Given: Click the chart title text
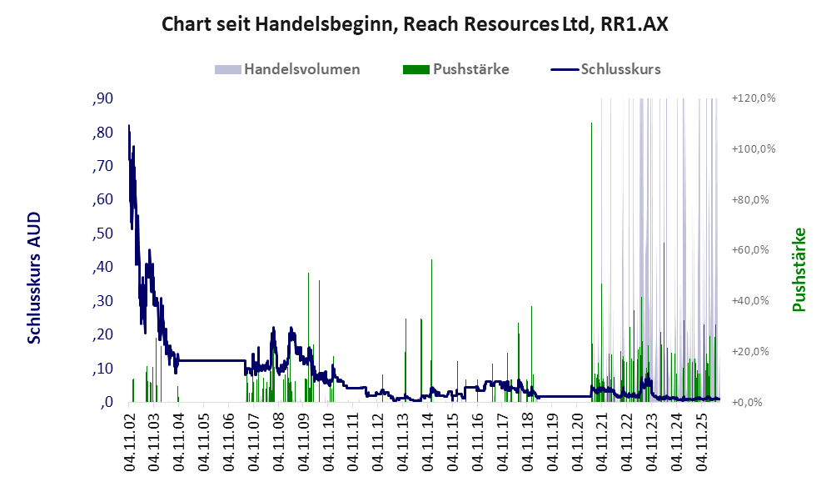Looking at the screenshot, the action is pos(415,24).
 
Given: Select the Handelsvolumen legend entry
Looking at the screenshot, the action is pos(287,69).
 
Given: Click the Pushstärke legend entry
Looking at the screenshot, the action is pos(455,69).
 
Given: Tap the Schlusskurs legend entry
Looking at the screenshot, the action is pos(605,69).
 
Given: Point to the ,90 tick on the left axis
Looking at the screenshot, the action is pos(102,98).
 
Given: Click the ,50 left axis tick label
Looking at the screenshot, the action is pos(102,233).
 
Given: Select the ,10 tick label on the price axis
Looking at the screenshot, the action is pos(102,369).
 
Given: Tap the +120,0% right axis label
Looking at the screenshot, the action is pos(754,98).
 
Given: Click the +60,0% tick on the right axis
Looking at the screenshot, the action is pos(750,250).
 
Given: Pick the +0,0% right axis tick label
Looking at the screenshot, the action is pos(747,402).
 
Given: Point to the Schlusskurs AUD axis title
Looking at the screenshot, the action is pos(34,278).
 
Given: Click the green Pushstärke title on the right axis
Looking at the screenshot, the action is pos(799,269).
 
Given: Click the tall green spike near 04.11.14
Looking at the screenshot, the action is pos(431,330).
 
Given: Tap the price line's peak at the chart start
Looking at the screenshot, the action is pos(129,125).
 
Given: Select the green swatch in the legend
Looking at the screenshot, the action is pos(416,69).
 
